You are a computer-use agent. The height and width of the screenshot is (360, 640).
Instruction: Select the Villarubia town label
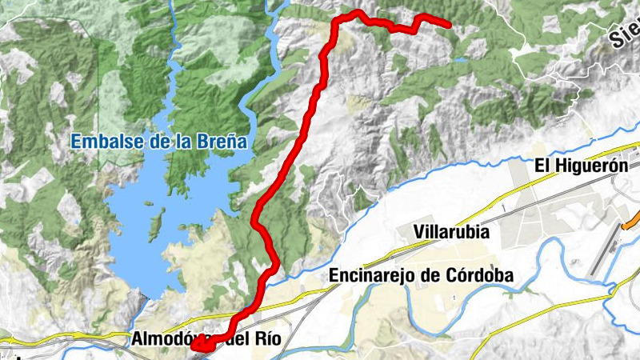click(452, 233)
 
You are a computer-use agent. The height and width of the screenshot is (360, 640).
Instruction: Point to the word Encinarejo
click(370, 275)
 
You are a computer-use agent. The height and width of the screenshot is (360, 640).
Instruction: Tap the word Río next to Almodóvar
click(269, 339)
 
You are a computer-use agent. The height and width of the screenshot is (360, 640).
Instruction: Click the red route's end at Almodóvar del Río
click(195, 346)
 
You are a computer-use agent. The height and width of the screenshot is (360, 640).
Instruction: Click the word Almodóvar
click(168, 339)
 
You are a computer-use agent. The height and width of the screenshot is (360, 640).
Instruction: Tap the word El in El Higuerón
click(542, 166)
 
